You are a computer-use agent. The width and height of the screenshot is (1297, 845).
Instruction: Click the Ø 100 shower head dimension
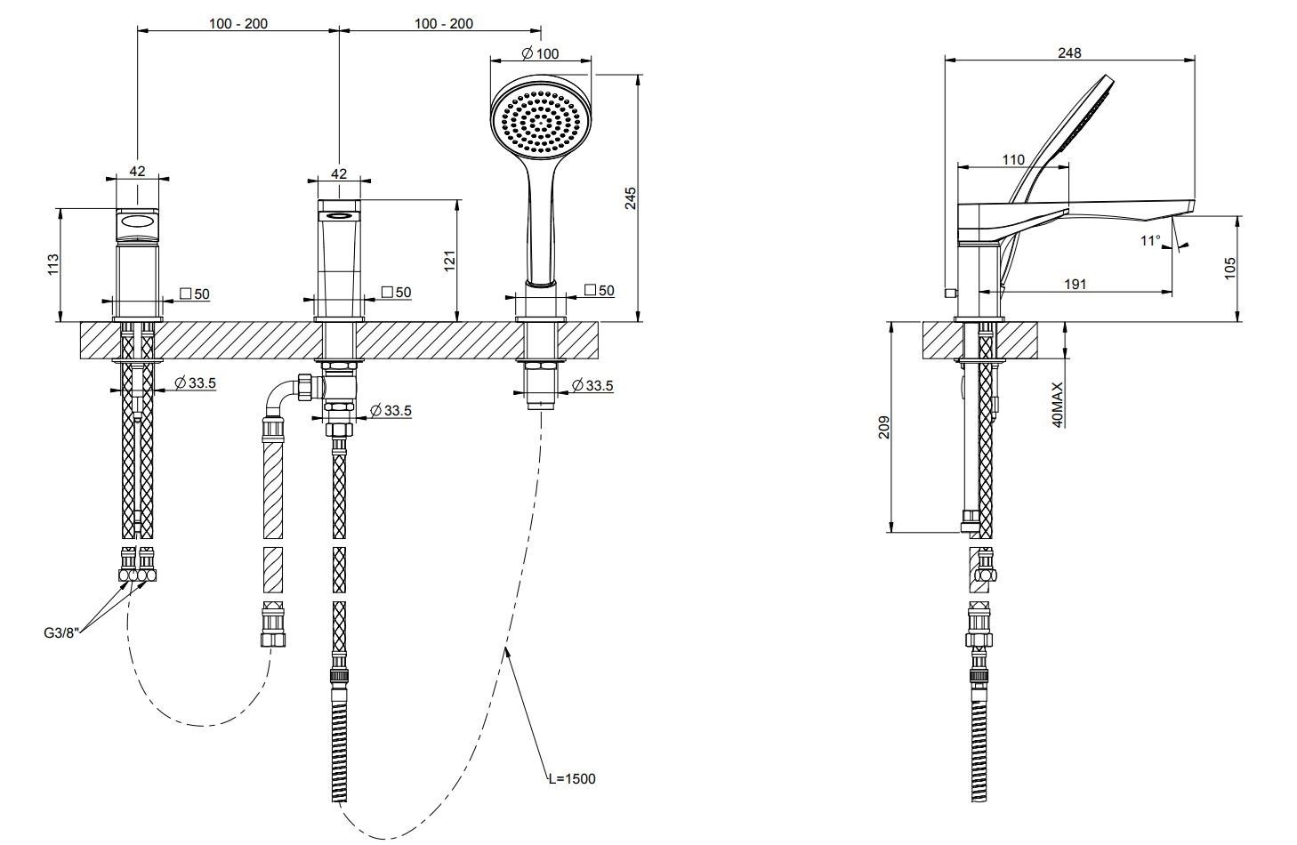542,53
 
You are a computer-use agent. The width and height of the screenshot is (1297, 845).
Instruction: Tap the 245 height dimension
630,198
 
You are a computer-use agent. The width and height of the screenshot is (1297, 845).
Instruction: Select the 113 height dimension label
52,264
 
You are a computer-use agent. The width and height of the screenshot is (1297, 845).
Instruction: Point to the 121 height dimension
450,261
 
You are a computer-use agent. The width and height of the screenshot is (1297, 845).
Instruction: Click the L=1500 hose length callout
571,779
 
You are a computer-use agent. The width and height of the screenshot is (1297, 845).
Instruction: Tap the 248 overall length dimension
1069,53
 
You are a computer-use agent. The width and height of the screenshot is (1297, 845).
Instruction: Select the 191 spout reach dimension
1075,285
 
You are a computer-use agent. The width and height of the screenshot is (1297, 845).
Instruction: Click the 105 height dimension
1231,268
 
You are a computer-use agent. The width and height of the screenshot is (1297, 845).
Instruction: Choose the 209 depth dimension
882,428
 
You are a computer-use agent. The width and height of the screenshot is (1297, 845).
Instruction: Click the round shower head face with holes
541,117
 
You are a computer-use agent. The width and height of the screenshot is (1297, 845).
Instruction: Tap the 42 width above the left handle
137,172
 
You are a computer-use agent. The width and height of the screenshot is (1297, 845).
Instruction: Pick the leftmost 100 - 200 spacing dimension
238,23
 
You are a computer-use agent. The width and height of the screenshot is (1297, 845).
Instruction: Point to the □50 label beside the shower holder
600,291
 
